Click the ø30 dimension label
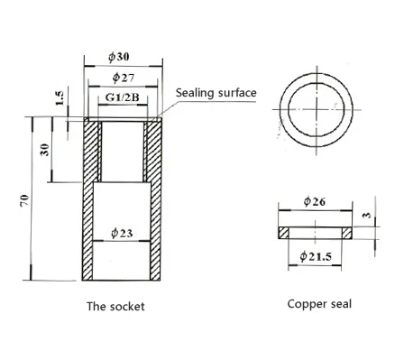click(119, 57)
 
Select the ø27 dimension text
click(124, 78)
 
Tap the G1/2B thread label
click(123, 97)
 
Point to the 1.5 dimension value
click(60, 98)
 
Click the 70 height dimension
click(25, 200)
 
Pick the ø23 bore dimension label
click(122, 233)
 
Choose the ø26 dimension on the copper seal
click(315, 201)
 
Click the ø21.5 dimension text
click(316, 256)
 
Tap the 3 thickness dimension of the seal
click(367, 215)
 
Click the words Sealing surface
click(216, 93)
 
